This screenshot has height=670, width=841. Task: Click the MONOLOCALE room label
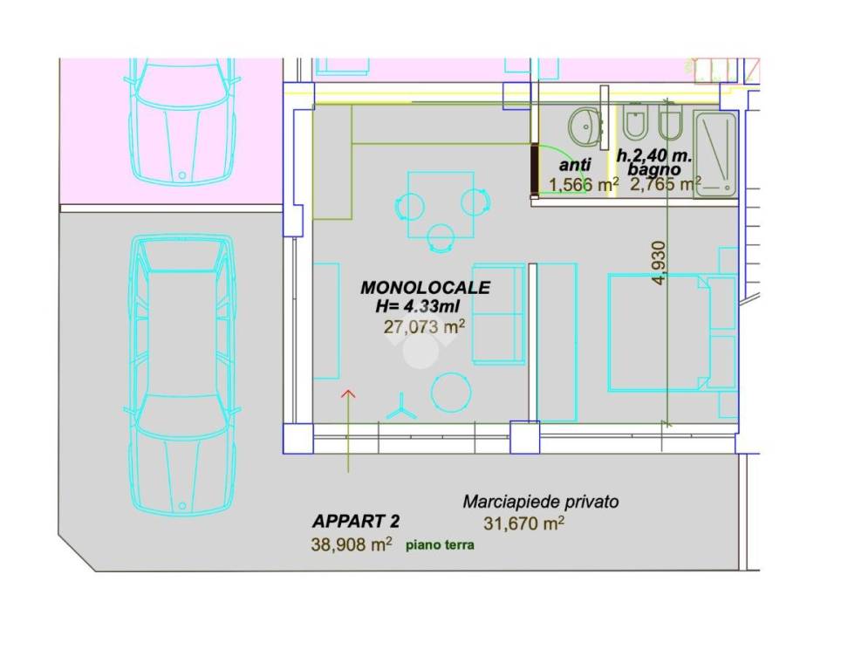[425, 288]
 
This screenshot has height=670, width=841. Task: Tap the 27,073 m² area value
[424, 326]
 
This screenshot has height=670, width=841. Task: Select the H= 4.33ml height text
[417, 306]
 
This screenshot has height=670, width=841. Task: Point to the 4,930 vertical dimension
[659, 263]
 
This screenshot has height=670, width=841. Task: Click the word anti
[575, 164]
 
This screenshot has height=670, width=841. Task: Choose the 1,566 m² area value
[583, 185]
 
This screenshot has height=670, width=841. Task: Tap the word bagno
[654, 169]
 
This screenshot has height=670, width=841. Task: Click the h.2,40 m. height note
[654, 155]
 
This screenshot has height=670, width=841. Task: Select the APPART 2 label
[356, 521]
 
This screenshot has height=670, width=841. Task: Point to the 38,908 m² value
[352, 544]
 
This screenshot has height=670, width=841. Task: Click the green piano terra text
[440, 545]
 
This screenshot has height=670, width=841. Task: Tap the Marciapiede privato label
[541, 502]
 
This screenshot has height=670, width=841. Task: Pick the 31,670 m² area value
[523, 523]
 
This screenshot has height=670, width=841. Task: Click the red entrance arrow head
[349, 393]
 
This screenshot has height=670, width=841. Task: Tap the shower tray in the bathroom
[715, 154]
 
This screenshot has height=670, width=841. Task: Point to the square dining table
[441, 204]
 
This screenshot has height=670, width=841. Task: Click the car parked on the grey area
[182, 374]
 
